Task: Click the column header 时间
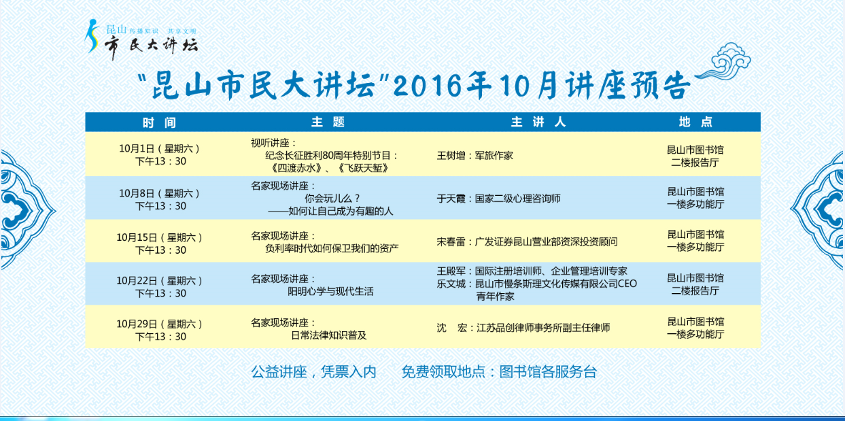pos(159,122)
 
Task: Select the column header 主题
pos(328,122)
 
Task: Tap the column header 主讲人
pos(538,122)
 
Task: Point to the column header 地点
pos(695,122)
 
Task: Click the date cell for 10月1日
pos(160,155)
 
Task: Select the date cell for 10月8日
pos(160,200)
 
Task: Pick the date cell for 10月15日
pos(160,243)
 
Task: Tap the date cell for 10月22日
pos(160,287)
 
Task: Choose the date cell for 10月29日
pos(160,330)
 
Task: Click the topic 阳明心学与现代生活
pos(330,292)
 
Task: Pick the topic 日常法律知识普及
pos(328,335)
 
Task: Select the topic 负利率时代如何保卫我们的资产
pos(332,248)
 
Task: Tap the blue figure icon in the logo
pos(91,36)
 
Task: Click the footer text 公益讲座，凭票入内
pos(314,372)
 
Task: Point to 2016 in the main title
pos(427,86)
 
